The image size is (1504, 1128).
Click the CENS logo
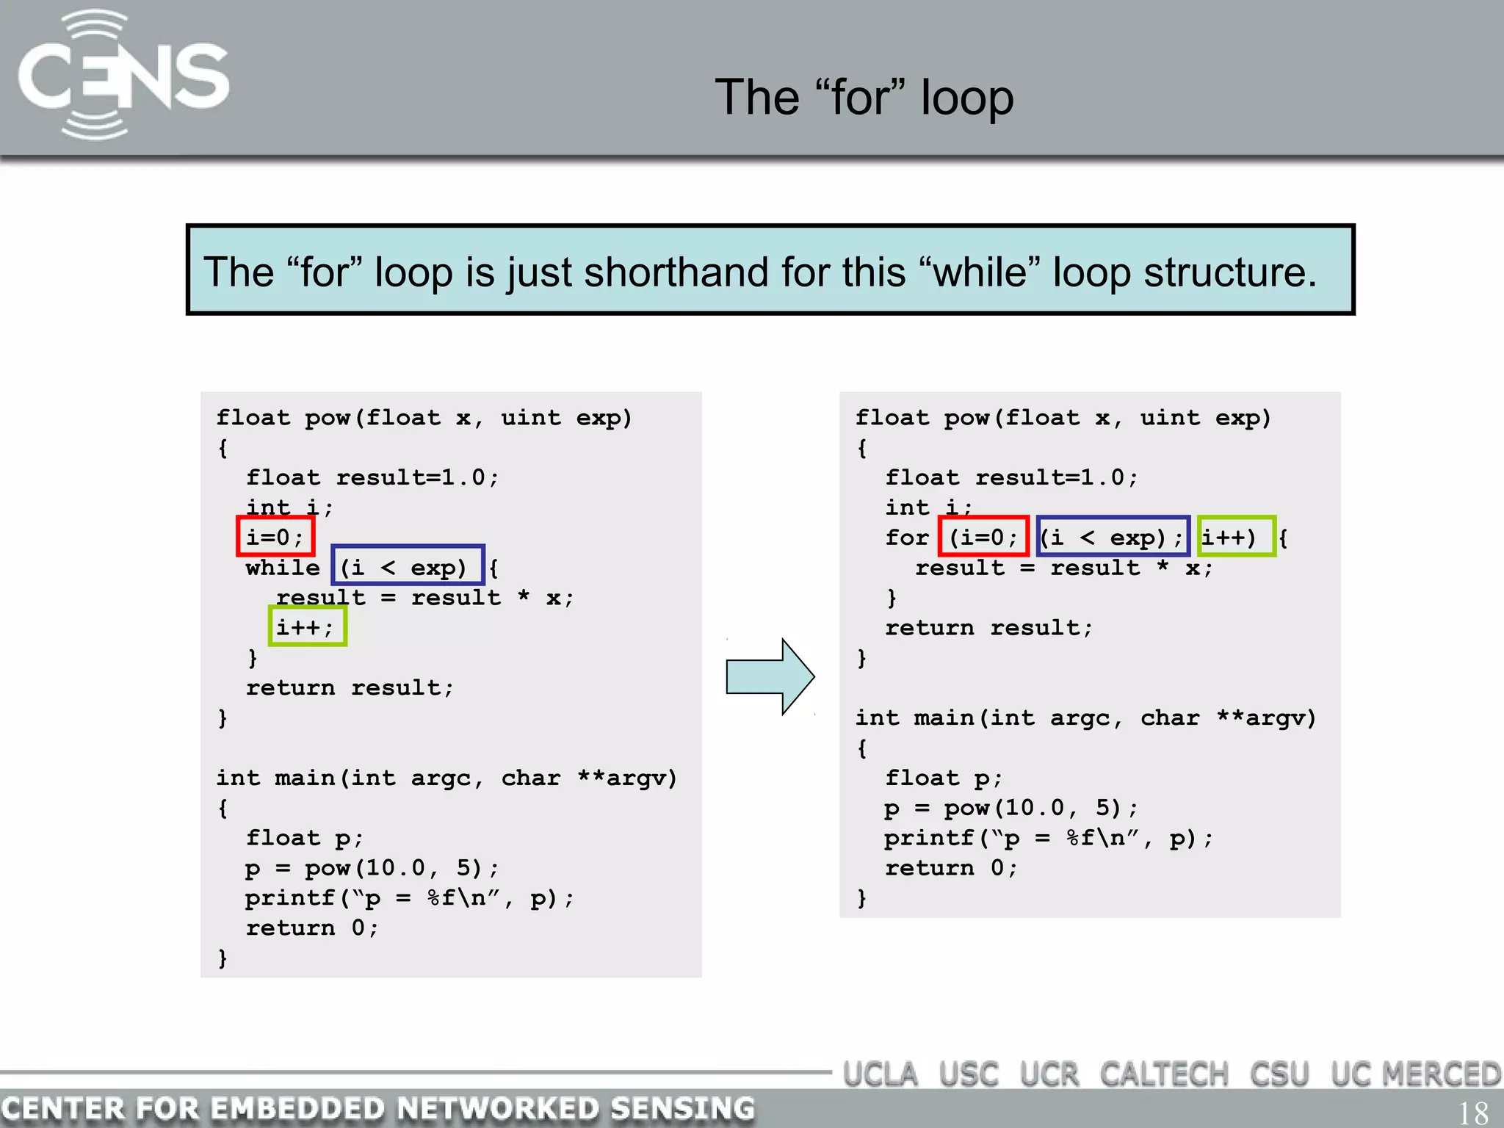click(x=123, y=76)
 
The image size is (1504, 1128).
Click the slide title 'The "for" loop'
click(x=864, y=98)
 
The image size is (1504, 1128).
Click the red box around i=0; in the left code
click(x=275, y=536)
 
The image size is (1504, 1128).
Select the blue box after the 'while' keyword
click(x=408, y=565)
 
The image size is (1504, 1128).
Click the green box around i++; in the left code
click(x=307, y=626)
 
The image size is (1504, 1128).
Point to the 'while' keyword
click(x=283, y=568)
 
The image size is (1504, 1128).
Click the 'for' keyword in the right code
click(x=907, y=538)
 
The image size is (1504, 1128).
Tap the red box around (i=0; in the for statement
click(x=983, y=536)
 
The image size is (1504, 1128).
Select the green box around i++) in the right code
click(x=1236, y=536)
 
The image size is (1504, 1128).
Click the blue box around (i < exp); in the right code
click(x=1113, y=536)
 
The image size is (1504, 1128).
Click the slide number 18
click(x=1472, y=1113)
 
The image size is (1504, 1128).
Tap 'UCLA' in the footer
click(x=880, y=1075)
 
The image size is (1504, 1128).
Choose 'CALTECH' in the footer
click(x=1163, y=1075)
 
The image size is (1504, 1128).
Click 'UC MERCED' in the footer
click(x=1415, y=1075)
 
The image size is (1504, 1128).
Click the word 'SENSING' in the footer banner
click(x=681, y=1108)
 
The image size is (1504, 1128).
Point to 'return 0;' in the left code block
click(x=312, y=928)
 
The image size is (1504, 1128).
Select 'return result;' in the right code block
click(x=988, y=628)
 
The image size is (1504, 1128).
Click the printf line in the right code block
click(x=1048, y=838)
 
